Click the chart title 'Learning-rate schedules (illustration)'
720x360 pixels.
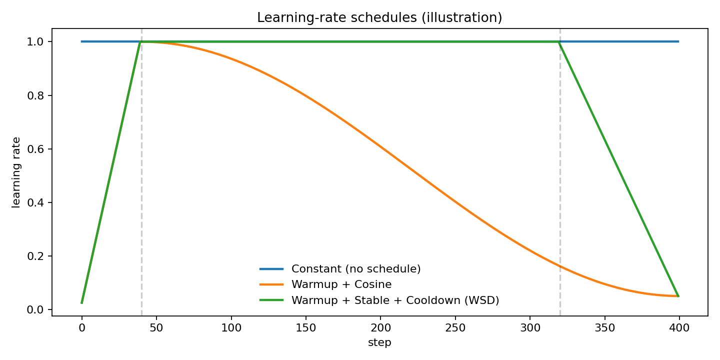pos(379,17)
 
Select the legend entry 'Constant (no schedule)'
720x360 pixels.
pos(356,269)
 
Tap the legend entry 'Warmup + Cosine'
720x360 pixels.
pos(341,284)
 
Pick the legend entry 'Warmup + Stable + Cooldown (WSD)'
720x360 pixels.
pos(395,300)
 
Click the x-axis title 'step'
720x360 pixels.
pos(380,343)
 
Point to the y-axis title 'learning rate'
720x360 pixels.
pos(16,172)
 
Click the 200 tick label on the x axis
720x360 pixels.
pos(380,328)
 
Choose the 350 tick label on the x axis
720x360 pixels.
pos(604,328)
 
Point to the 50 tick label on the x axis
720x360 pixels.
pos(156,328)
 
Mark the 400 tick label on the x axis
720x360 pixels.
pos(679,328)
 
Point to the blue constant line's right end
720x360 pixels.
pos(678,41)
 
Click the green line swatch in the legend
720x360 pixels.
pos(271,300)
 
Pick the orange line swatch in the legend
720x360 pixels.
pos(271,284)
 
